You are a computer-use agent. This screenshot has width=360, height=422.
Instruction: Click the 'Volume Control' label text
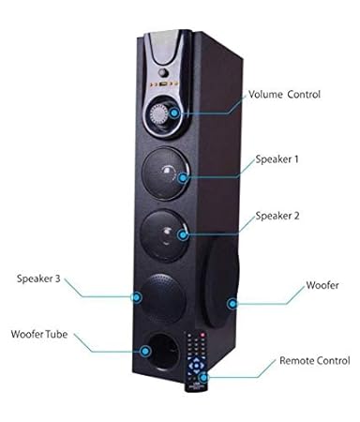285,95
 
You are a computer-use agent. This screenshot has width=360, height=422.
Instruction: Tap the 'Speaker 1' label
277,159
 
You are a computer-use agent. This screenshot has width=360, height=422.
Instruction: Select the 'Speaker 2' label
277,215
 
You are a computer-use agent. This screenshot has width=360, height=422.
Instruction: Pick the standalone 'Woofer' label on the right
323,284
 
